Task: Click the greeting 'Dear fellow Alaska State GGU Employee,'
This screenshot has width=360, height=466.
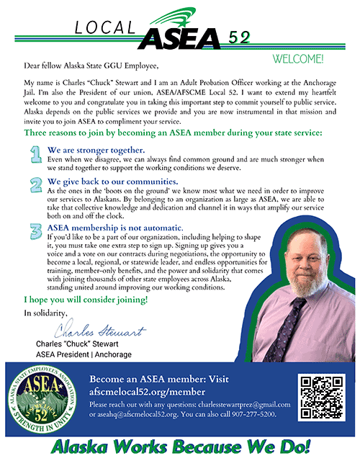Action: (x=90, y=67)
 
